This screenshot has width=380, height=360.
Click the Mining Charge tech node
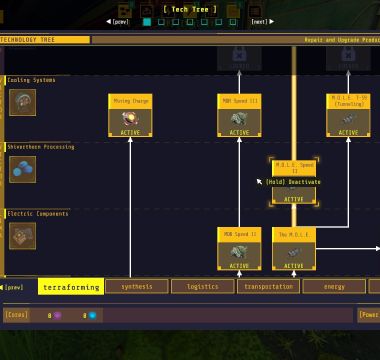click(x=130, y=115)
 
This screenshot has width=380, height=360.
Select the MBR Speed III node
click(x=239, y=115)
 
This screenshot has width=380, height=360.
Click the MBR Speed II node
click(x=239, y=248)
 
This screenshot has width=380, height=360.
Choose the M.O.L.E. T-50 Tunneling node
click(x=348, y=115)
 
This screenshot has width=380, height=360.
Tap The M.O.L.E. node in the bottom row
click(x=294, y=248)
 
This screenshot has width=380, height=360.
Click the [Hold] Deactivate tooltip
click(x=293, y=182)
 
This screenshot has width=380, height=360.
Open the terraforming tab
click(x=71, y=287)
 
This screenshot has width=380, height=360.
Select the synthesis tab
click(x=137, y=287)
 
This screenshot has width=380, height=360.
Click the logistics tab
click(x=202, y=287)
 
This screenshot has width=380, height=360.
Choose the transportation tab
click(x=268, y=287)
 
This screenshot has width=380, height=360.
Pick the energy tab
click(x=333, y=287)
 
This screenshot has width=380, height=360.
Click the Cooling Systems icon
click(x=22, y=102)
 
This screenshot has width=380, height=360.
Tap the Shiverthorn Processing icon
click(x=22, y=169)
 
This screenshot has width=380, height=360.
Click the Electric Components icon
click(x=22, y=235)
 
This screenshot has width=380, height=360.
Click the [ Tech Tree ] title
click(x=190, y=9)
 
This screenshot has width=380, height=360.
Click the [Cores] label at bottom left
click(x=16, y=314)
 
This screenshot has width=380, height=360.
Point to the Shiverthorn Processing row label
click(x=40, y=147)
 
